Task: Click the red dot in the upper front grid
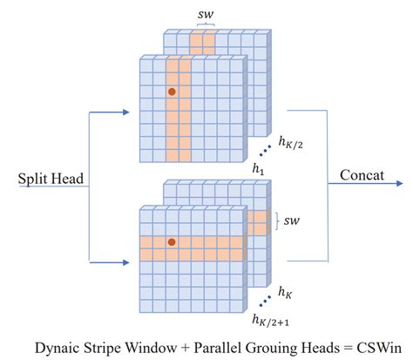[173, 91]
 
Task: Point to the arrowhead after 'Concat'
[399, 184]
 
